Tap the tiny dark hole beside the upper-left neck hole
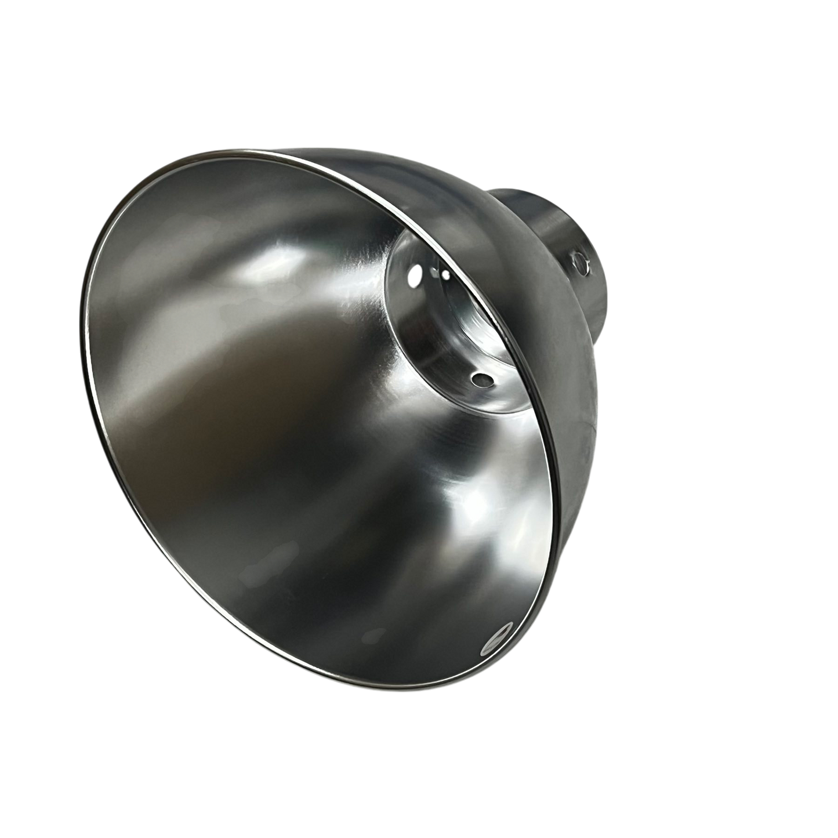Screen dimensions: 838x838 pyautogui.click(x=445, y=275)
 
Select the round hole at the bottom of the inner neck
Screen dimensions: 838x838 pyautogui.click(x=480, y=379)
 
